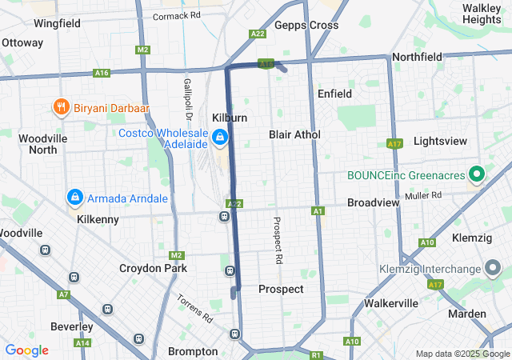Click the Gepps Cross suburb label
(x=306, y=25)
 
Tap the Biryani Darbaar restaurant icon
(x=60, y=106)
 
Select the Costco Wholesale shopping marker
(x=219, y=138)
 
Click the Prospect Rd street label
(x=278, y=241)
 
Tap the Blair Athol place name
(x=294, y=134)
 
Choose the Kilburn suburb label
(x=230, y=118)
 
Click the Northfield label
(x=417, y=57)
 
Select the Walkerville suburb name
(x=391, y=303)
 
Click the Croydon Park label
(x=153, y=268)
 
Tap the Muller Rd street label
(x=423, y=194)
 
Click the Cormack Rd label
(x=176, y=15)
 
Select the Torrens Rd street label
(x=195, y=308)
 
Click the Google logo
(x=26, y=350)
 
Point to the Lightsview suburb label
(x=441, y=141)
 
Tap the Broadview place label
(x=373, y=203)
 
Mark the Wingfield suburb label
(x=57, y=24)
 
